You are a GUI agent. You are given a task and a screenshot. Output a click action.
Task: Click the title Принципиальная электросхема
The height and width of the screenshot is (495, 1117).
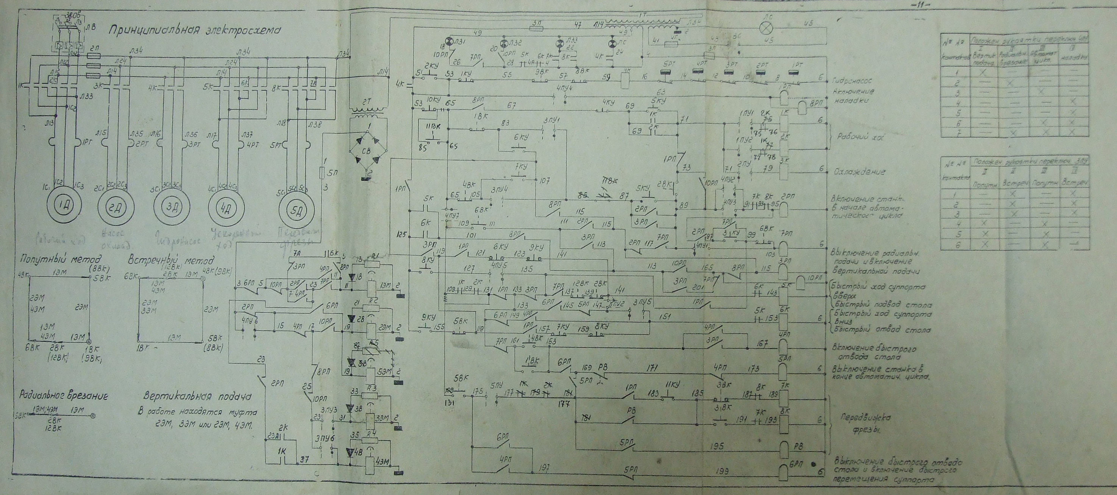click(x=194, y=30)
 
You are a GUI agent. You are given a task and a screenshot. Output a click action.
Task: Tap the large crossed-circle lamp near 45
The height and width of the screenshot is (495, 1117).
click(x=765, y=27)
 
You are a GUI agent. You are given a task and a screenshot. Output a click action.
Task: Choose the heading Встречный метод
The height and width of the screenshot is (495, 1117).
click(x=170, y=262)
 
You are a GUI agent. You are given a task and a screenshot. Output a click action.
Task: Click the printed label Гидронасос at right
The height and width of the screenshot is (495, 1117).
click(x=853, y=81)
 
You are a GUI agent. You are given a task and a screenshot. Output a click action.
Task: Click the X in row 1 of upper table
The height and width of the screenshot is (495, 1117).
click(x=985, y=73)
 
